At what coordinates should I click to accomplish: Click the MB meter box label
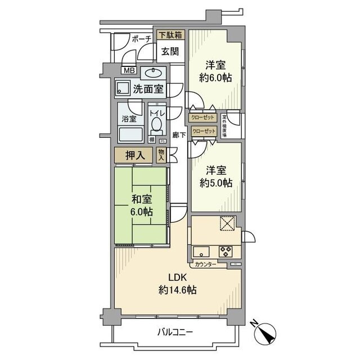(129, 71)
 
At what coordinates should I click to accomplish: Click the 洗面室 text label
(148, 88)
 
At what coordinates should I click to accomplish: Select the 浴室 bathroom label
(129, 119)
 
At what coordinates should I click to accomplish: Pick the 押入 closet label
(136, 155)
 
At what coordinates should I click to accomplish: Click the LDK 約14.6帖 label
(177, 284)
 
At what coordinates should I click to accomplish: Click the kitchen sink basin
(201, 251)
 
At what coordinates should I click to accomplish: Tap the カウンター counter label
(205, 264)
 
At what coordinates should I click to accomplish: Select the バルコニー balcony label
(174, 332)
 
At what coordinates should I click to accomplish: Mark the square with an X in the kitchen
(227, 223)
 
